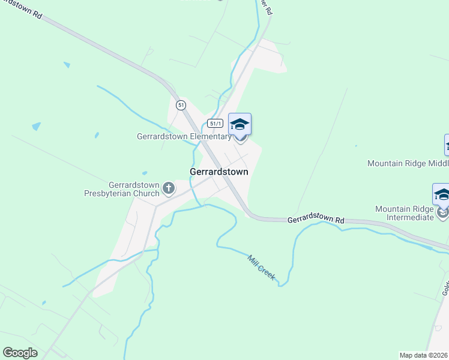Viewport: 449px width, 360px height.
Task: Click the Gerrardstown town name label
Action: [218, 172]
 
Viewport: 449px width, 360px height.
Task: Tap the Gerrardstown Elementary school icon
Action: [240, 125]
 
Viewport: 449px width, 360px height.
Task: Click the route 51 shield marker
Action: [181, 105]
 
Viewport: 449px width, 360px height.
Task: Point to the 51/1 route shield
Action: [215, 123]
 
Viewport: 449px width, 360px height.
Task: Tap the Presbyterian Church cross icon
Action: [169, 189]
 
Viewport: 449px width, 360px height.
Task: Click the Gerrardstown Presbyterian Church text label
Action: [122, 189]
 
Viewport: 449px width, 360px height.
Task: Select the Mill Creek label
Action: [262, 267]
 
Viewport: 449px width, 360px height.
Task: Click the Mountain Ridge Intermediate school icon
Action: [442, 196]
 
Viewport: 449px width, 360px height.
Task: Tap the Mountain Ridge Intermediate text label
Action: [404, 213]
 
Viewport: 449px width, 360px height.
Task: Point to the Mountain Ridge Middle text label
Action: [408, 163]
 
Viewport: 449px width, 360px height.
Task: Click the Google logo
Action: [20, 353]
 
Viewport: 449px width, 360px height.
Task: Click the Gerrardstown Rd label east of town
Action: [315, 220]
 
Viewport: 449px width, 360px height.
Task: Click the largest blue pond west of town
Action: [37, 127]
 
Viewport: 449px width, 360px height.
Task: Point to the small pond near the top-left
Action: [66, 65]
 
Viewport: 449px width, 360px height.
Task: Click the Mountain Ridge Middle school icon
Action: [447, 145]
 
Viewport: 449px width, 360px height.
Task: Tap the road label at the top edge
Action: [266, 7]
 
